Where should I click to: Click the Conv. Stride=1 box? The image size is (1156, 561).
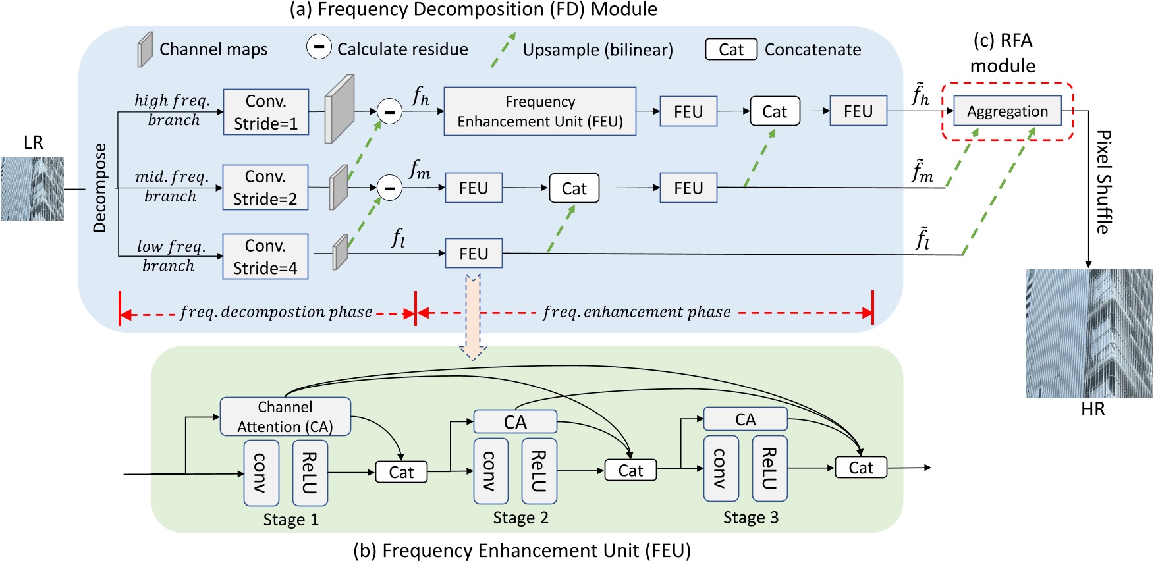[x=266, y=112]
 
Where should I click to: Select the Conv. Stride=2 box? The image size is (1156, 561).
[x=265, y=188]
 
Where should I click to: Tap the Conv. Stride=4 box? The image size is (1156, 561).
[x=265, y=256]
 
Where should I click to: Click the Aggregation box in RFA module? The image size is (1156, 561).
[x=1007, y=111]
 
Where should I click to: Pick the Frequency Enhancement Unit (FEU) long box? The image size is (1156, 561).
[x=540, y=111]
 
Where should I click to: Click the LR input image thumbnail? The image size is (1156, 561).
[x=32, y=189]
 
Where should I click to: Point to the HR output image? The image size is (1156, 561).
[x=1089, y=333]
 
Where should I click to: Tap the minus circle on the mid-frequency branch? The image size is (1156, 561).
[x=389, y=188]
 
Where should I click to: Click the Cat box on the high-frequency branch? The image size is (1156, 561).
[x=775, y=111]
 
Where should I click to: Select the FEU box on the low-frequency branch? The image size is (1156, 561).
[x=474, y=254]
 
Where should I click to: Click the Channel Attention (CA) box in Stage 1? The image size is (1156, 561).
[x=285, y=416]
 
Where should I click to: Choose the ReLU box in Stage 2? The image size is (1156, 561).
[x=539, y=471]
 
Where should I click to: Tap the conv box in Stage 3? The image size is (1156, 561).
[x=721, y=468]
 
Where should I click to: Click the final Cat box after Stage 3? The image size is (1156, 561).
[x=861, y=467]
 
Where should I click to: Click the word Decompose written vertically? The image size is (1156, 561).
[x=99, y=188]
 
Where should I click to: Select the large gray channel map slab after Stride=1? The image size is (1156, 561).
[x=340, y=109]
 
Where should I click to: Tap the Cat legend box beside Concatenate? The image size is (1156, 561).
[x=731, y=49]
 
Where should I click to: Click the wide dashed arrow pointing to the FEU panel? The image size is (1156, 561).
[x=473, y=316]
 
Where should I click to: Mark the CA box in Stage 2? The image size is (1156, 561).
[x=515, y=422]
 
